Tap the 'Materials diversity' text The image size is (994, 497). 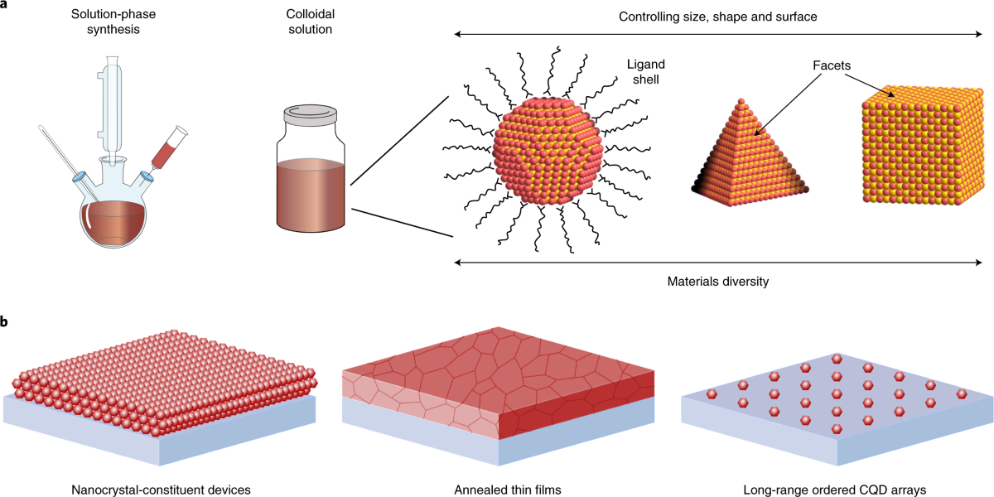tap(717, 282)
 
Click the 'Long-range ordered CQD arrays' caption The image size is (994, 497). tap(836, 490)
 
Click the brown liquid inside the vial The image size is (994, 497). tap(310, 195)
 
